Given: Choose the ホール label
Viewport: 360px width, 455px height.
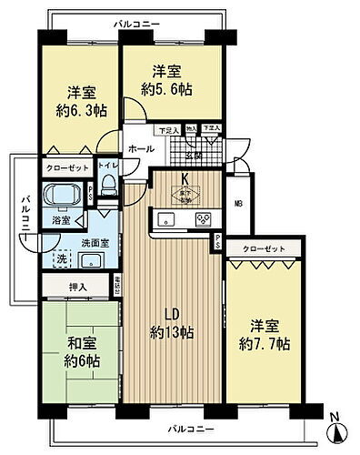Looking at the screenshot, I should tap(140, 148).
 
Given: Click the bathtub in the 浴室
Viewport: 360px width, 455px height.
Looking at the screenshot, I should tap(61, 195).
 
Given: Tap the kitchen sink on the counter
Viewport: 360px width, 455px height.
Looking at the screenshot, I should tap(168, 218).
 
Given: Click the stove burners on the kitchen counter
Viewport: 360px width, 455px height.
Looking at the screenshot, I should tap(205, 218).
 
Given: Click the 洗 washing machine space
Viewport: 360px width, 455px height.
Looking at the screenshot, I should tap(61, 258).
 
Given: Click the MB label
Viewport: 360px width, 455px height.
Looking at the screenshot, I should tap(237, 203).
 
